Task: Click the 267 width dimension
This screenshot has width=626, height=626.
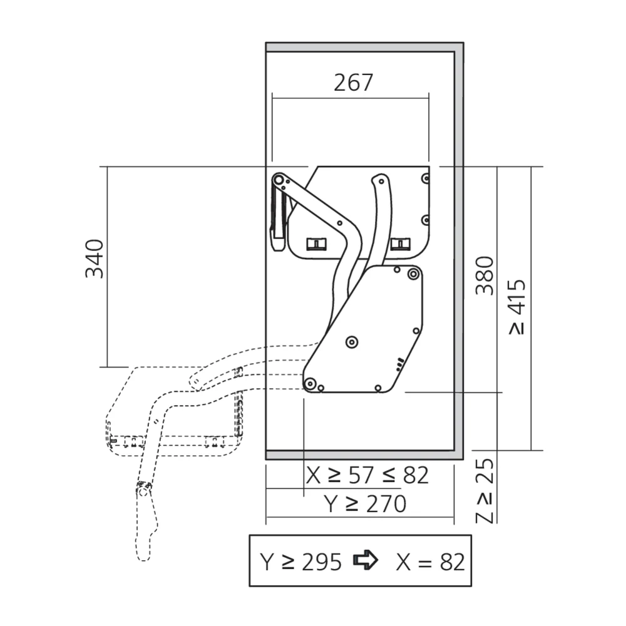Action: [x=353, y=82]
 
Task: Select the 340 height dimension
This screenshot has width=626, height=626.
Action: [x=95, y=259]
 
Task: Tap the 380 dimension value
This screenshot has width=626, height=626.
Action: [x=485, y=275]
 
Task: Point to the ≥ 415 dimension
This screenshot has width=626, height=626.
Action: [x=518, y=307]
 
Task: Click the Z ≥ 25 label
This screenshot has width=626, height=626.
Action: [x=485, y=491]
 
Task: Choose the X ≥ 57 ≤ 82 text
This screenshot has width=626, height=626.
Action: [x=367, y=475]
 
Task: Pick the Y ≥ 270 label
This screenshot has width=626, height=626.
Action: [x=365, y=504]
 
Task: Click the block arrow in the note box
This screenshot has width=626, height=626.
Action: [x=366, y=560]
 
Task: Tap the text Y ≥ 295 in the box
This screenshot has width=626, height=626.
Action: [x=301, y=562]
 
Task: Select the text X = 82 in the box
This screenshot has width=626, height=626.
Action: [x=431, y=562]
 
